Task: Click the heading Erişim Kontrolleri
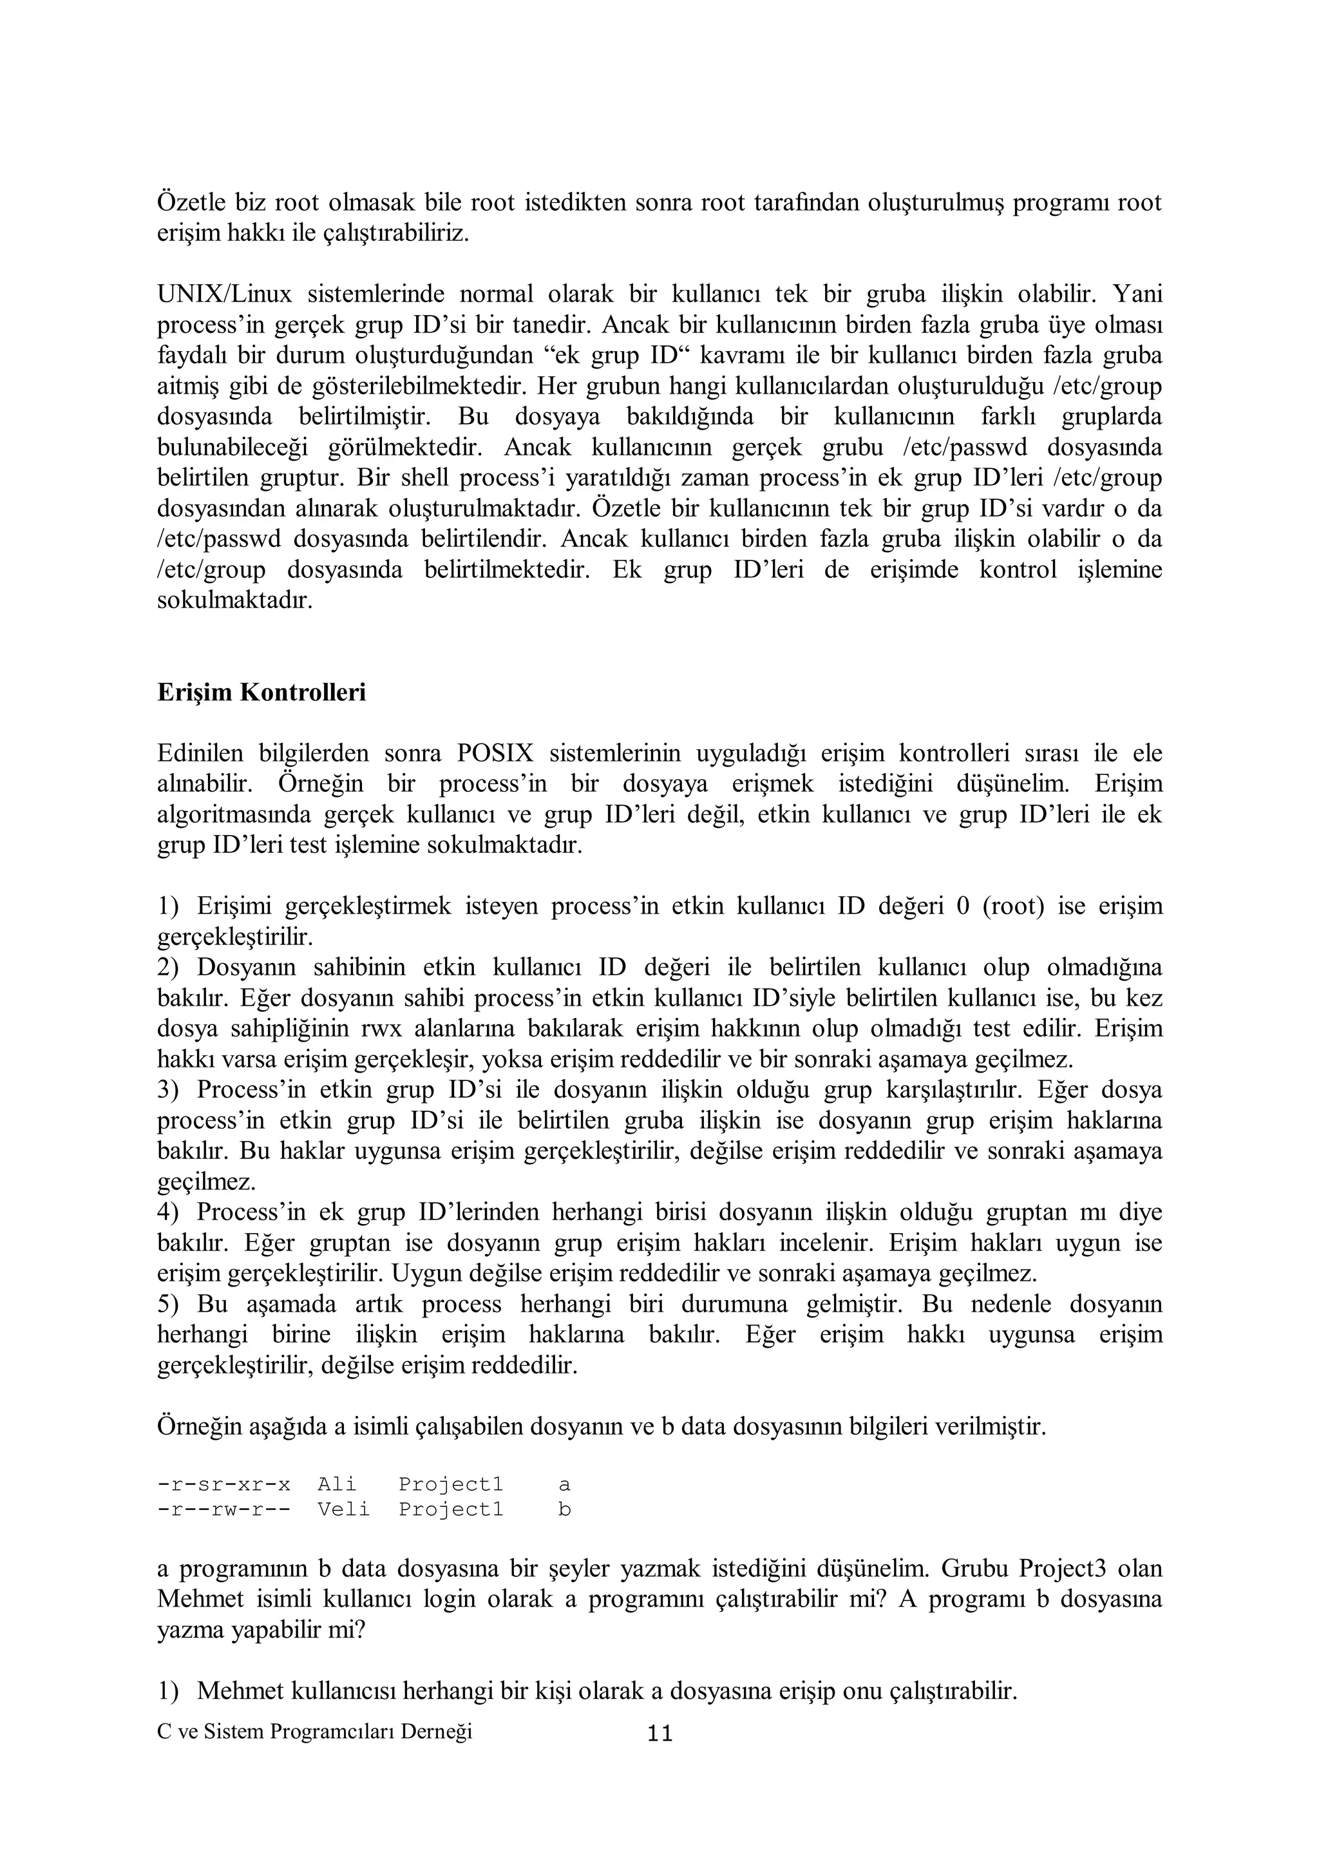click(x=261, y=693)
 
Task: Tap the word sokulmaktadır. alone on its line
click(x=234, y=601)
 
